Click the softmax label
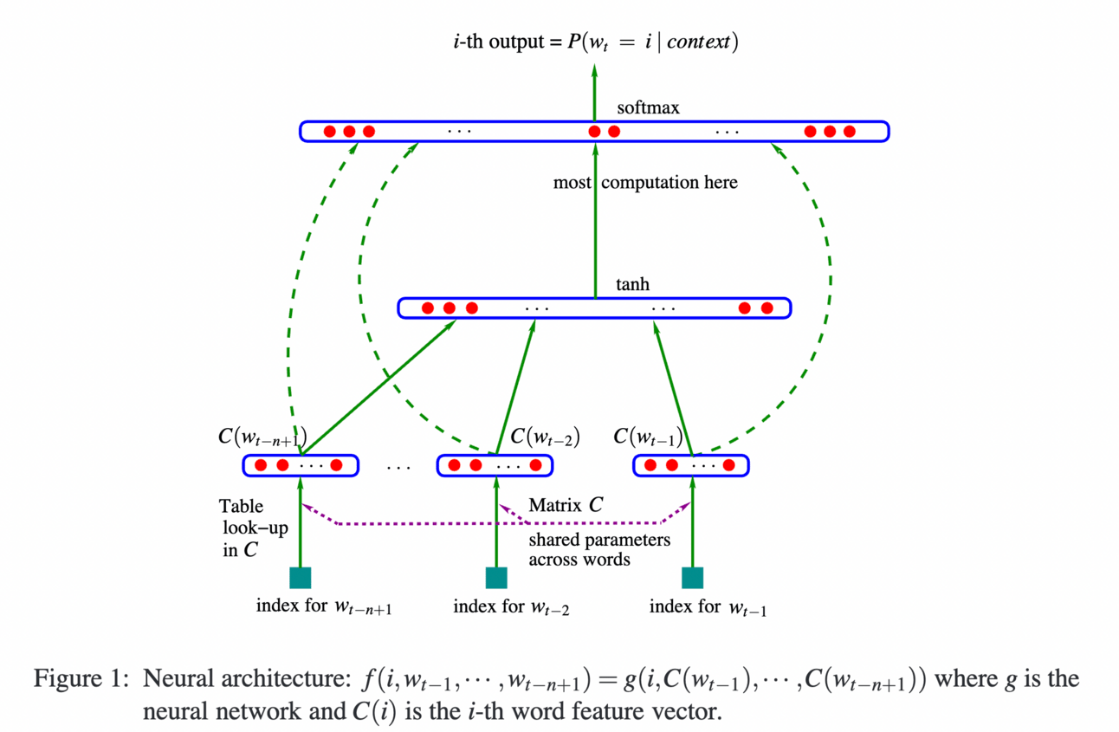[649, 109]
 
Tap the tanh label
[632, 284]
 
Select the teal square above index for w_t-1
[692, 578]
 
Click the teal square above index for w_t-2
[496, 578]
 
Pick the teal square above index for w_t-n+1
[300, 578]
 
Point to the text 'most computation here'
[645, 183]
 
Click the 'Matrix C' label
[566, 504]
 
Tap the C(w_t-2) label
[545, 436]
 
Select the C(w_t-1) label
[648, 436]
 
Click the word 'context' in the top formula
[698, 42]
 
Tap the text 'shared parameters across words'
[599, 549]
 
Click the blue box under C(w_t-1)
[691, 465]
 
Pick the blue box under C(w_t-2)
[495, 465]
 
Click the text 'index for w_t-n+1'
[324, 606]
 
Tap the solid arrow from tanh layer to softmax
[595, 225]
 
